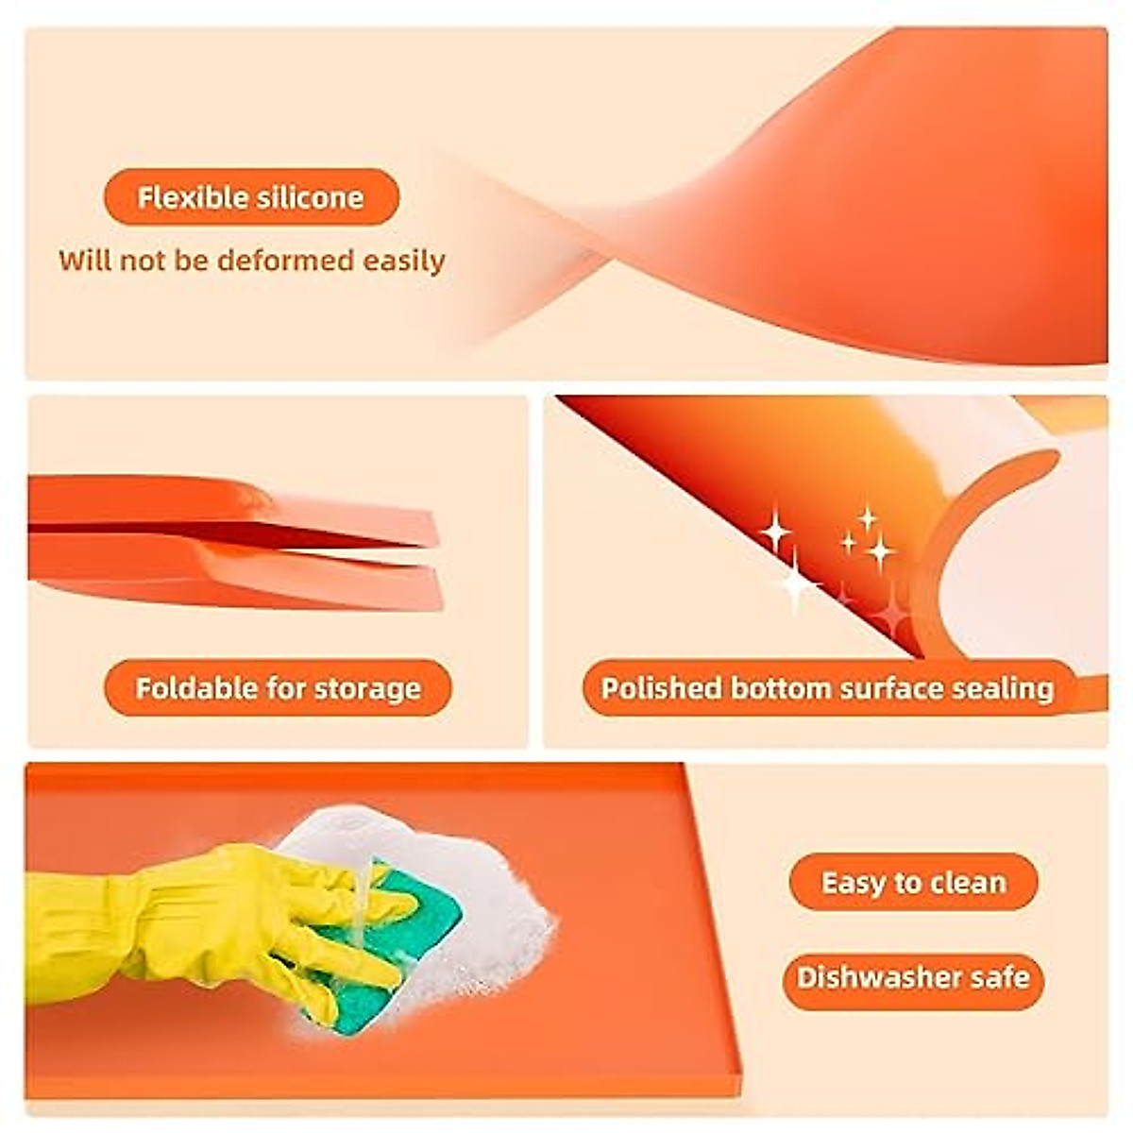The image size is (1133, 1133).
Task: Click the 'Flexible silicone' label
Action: click(x=251, y=197)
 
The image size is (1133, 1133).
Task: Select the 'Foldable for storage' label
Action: click(x=278, y=687)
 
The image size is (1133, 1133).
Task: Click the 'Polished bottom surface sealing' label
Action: click(x=827, y=687)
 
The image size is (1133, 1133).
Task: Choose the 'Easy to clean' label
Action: click(x=913, y=883)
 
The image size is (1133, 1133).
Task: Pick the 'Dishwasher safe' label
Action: click(x=913, y=976)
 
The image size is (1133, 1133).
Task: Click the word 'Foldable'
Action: click(x=195, y=687)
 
